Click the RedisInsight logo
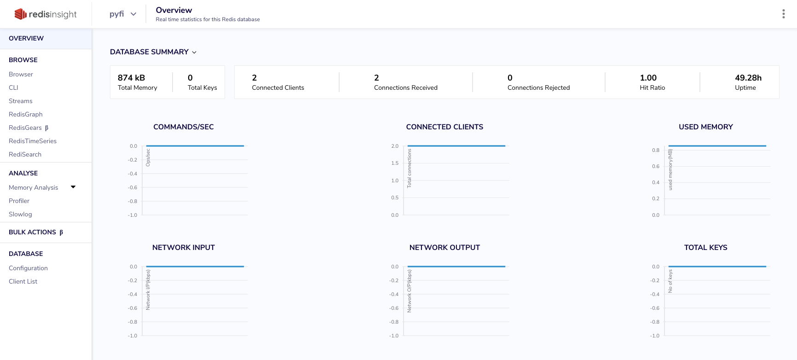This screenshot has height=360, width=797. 46,14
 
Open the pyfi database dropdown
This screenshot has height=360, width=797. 123,14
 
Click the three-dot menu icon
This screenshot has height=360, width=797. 783,14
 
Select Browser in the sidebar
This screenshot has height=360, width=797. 21,74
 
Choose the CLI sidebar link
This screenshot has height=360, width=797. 13,87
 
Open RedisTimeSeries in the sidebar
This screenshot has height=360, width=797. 33,141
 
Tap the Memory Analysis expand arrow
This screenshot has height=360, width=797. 73,187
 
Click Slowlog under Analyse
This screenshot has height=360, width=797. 20,214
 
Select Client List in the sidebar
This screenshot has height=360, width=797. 23,281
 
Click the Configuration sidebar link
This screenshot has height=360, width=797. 28,268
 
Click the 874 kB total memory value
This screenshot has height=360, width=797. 131,78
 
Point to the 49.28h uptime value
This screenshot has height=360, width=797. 748,78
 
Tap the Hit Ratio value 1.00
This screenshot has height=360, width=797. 648,78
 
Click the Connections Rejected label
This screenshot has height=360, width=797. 538,87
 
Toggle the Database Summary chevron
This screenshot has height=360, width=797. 194,52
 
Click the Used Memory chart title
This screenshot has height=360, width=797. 706,127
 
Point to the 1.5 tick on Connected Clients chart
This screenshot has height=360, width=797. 395,163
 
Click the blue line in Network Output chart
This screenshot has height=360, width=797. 456,267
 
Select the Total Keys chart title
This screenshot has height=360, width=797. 706,247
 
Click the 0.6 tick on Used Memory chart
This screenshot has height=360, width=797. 656,166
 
